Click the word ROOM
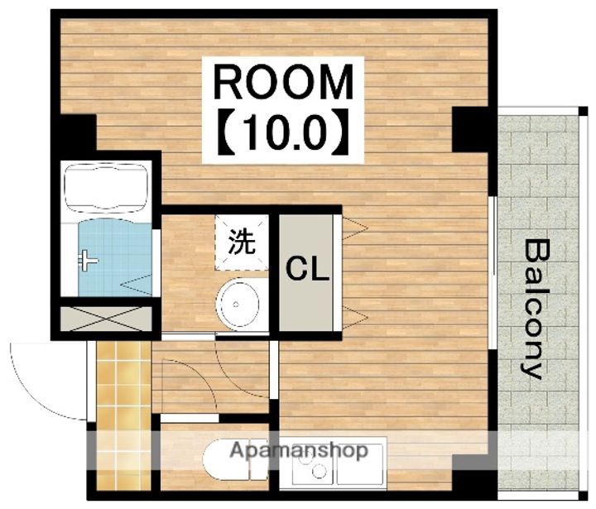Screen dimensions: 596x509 pos(283,82)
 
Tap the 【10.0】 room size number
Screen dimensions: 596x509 pos(283,132)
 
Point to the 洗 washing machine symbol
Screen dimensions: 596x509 pos(242,242)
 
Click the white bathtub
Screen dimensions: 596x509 pos(106,187)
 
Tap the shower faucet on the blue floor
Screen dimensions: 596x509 pos(88,261)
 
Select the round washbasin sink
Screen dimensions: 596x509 pos(238,304)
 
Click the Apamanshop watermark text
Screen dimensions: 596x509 pos(299,450)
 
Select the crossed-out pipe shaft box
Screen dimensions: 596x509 pos(106,318)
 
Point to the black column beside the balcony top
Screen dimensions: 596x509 pos(470,129)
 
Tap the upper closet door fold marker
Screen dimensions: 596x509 pos(354,228)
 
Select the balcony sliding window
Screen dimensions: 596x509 pos(493,273)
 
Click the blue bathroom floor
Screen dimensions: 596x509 pos(115,258)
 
